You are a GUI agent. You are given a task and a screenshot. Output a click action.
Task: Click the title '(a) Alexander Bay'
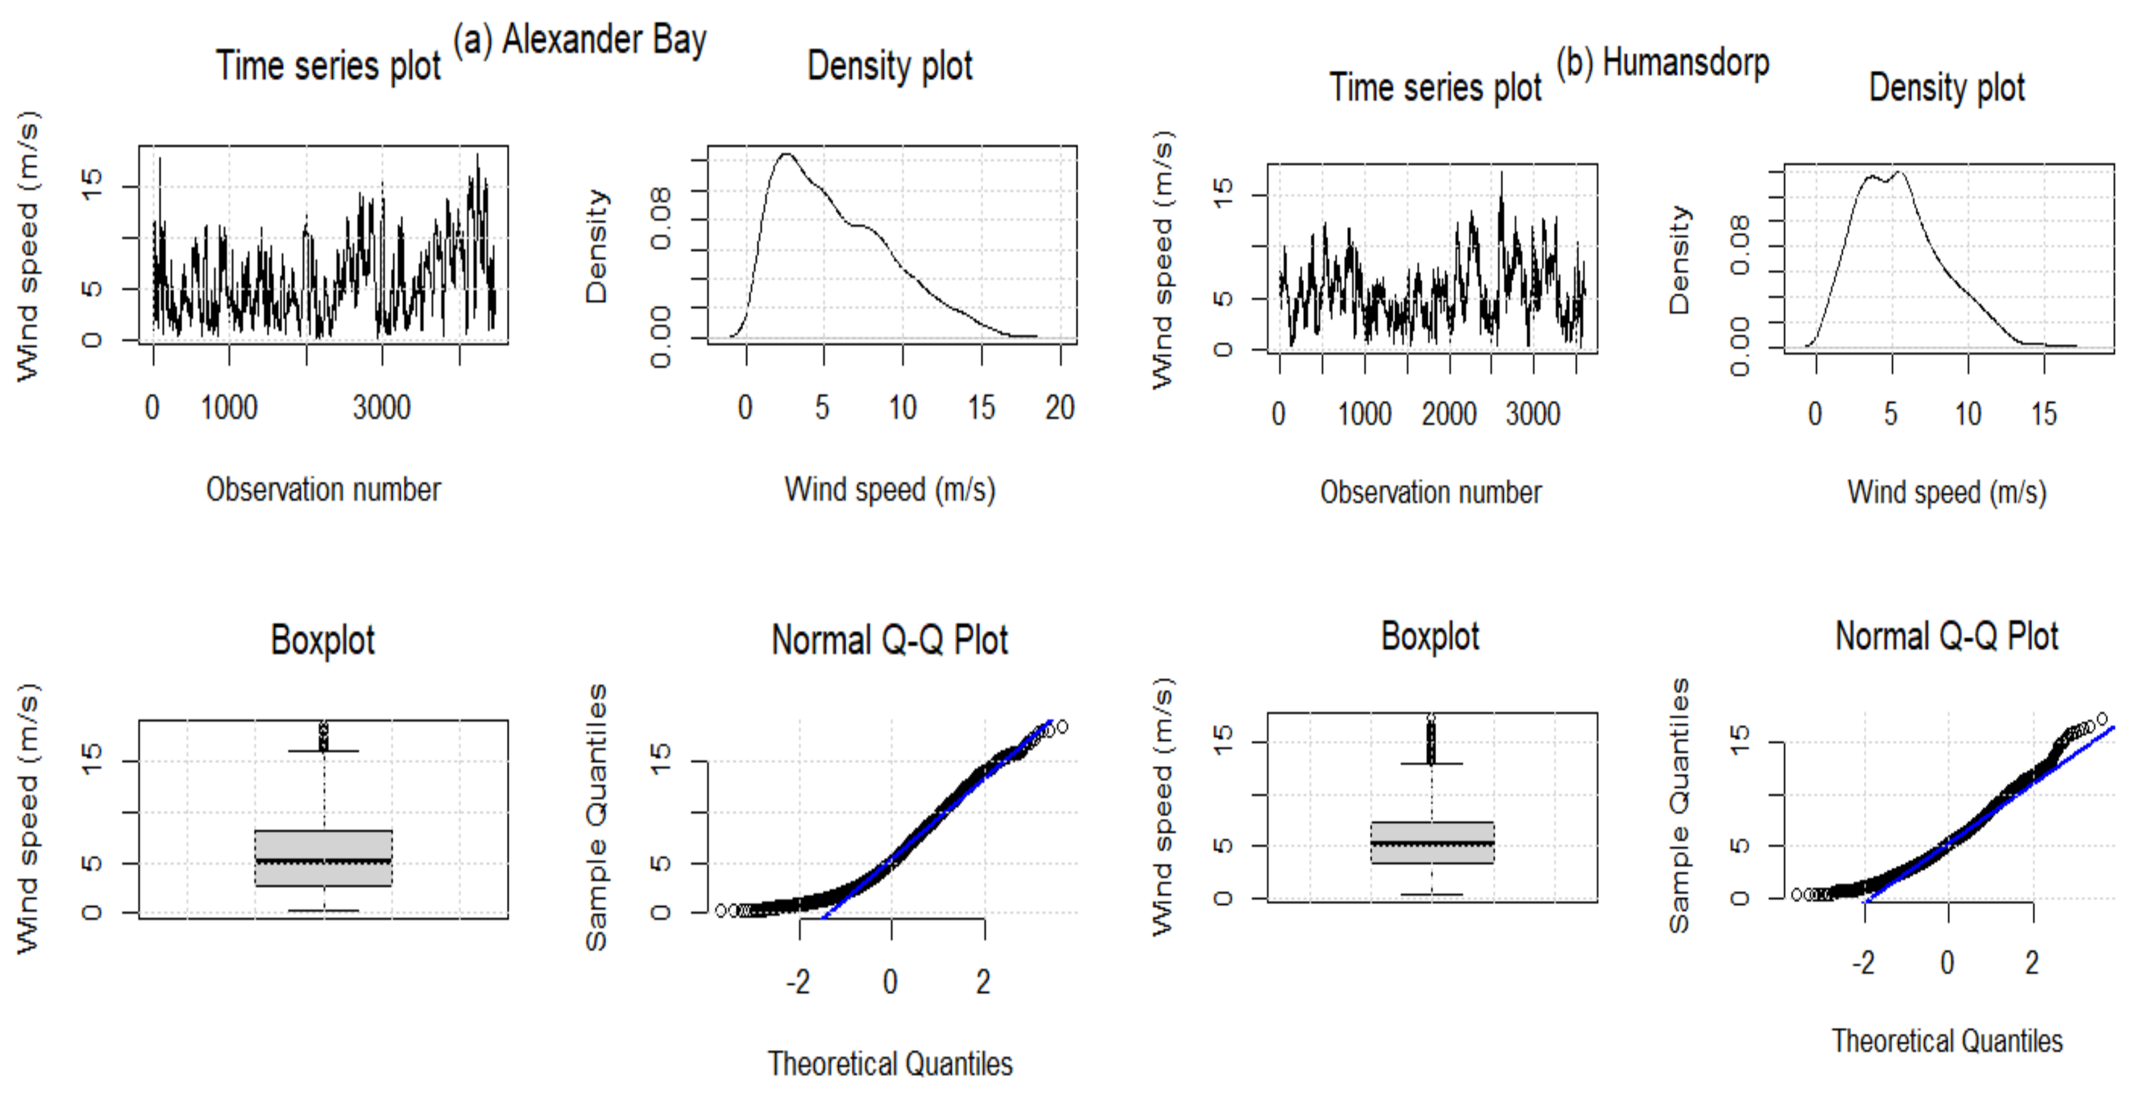[580, 40]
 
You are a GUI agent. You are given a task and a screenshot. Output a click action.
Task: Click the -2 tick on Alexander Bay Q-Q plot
[798, 981]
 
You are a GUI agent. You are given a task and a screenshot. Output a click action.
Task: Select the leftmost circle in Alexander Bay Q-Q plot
[721, 910]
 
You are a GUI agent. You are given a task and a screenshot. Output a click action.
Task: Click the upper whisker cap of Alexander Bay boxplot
[323, 751]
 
